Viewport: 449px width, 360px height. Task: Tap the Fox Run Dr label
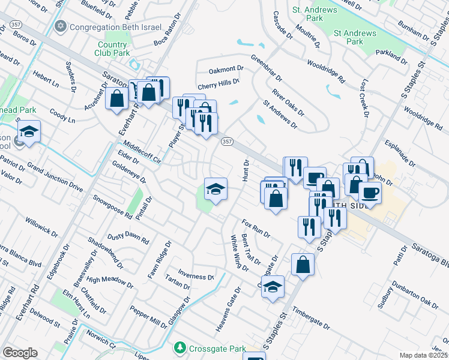(x=256, y=227)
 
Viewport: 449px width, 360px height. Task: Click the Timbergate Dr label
(x=311, y=319)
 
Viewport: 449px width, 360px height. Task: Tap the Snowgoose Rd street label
(x=112, y=205)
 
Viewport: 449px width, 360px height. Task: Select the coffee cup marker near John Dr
(x=370, y=192)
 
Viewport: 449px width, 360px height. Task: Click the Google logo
(x=20, y=353)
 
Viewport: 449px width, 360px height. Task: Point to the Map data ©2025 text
(x=423, y=355)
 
